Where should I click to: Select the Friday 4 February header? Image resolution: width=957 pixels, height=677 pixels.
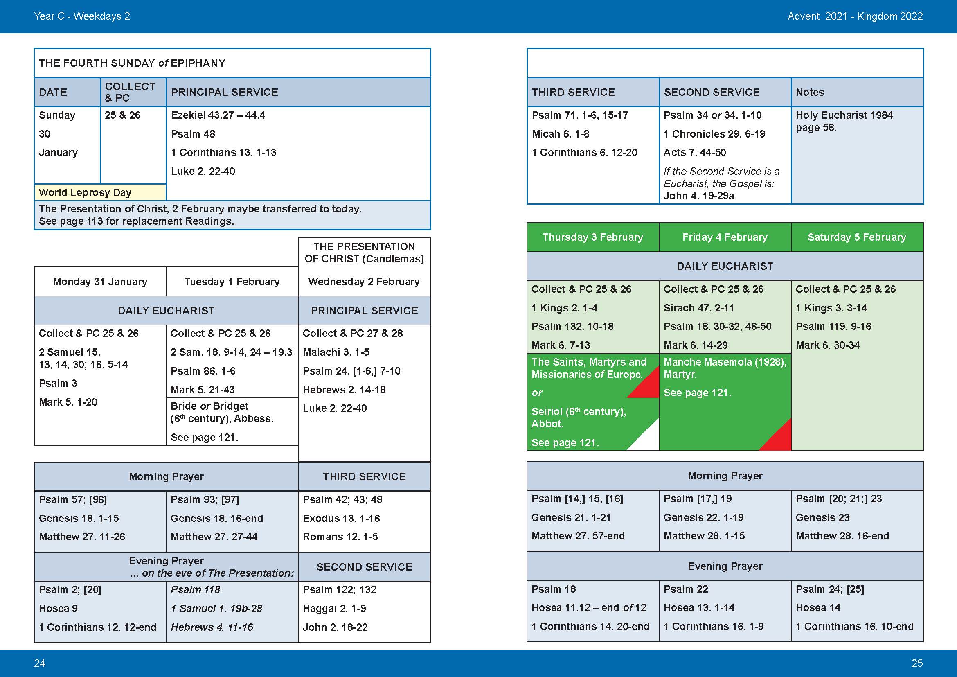click(x=725, y=237)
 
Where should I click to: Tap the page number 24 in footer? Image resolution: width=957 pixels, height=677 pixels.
click(x=40, y=663)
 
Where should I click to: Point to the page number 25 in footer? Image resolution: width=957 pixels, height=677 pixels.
click(x=917, y=663)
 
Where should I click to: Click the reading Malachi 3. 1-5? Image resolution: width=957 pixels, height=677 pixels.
click(x=336, y=352)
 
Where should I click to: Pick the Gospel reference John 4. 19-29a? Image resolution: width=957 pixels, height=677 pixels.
click(x=698, y=196)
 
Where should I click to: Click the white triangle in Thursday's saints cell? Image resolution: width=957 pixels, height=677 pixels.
click(x=644, y=436)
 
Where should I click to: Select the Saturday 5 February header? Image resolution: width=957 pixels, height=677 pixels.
click(x=857, y=237)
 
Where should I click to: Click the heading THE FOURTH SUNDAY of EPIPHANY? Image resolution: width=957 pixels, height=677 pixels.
click(x=132, y=63)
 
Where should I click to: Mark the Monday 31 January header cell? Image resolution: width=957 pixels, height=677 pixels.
click(x=100, y=282)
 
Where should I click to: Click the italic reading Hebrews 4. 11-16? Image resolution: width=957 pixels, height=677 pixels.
click(x=212, y=627)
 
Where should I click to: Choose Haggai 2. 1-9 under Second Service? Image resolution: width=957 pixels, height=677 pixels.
click(x=334, y=608)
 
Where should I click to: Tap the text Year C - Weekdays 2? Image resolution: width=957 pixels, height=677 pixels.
click(x=82, y=16)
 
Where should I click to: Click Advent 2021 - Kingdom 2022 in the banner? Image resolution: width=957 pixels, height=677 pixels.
click(x=855, y=16)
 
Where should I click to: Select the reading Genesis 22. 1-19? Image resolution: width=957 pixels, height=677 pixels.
click(x=704, y=517)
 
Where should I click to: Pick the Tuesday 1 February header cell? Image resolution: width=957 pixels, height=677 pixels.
click(x=232, y=282)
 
